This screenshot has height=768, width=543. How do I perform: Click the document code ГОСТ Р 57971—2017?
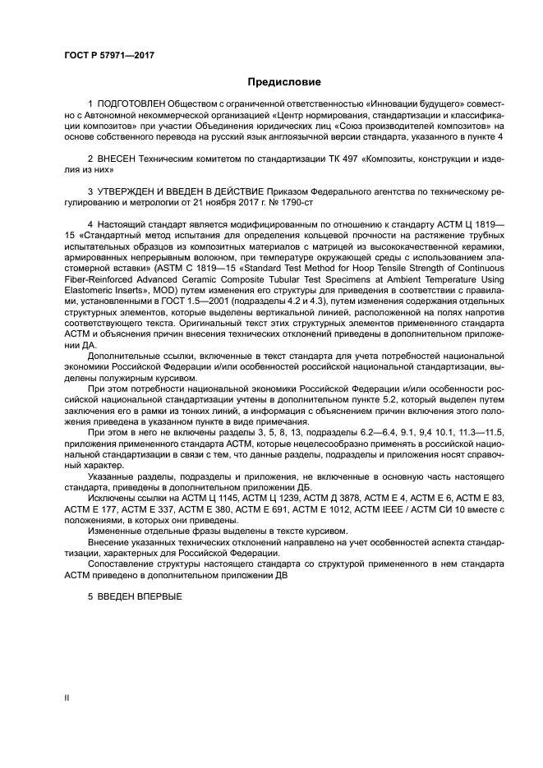pos(109,54)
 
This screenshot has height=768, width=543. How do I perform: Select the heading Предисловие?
pos(284,82)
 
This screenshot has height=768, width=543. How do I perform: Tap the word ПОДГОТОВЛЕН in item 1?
pos(131,105)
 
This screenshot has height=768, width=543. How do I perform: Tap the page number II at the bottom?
pos(67,697)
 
